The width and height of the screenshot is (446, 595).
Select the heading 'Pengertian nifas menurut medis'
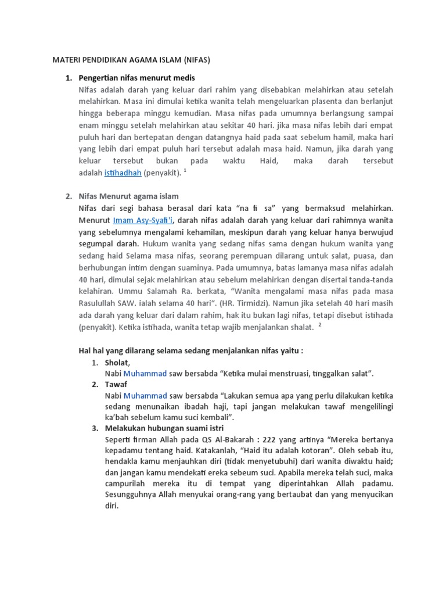pos(136,77)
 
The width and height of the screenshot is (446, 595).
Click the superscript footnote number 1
pos(184,170)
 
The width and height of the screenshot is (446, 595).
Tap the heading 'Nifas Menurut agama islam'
pos(129,196)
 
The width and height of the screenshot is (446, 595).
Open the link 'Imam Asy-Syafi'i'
pos(144,220)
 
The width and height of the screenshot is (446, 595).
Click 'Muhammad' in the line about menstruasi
pos(145,373)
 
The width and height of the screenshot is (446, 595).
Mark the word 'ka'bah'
pos(119,418)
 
